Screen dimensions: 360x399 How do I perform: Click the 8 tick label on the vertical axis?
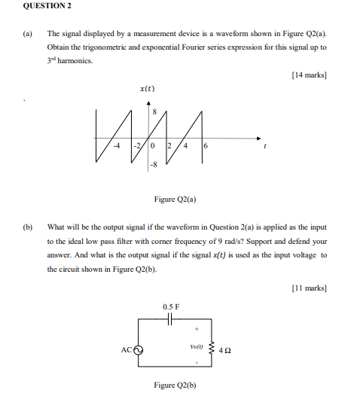(155, 112)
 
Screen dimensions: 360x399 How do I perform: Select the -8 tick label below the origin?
(154, 162)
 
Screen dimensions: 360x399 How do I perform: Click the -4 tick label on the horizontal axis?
(117, 145)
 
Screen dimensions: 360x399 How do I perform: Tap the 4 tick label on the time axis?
(185, 145)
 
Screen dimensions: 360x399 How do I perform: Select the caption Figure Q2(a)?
(175, 199)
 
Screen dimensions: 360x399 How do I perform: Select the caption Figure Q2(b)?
(175, 385)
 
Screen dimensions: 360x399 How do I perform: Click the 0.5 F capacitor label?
(171, 306)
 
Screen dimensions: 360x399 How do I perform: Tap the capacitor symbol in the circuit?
(171, 318)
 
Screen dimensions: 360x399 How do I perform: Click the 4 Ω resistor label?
(224, 349)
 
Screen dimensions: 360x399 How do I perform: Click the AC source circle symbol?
(139, 350)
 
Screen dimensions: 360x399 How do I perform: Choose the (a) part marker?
(27, 34)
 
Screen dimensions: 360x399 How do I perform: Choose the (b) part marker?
(27, 225)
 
